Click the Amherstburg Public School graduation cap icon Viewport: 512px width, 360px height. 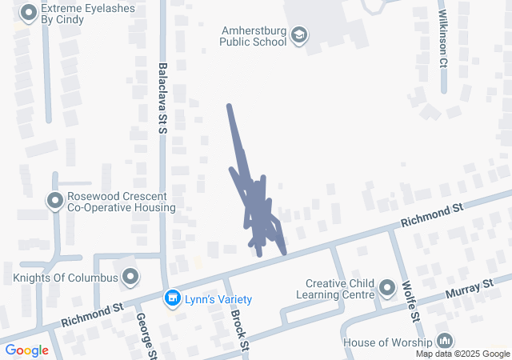click(298, 34)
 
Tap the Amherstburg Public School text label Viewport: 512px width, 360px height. click(254, 36)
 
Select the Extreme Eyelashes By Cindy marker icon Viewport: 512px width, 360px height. click(29, 12)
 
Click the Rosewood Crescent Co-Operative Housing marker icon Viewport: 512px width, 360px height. click(55, 201)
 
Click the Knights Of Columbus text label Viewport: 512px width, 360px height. click(66, 278)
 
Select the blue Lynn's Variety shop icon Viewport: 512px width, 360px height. click(171, 299)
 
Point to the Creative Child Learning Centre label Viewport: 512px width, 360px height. click(341, 289)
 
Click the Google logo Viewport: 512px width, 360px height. click(27, 350)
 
